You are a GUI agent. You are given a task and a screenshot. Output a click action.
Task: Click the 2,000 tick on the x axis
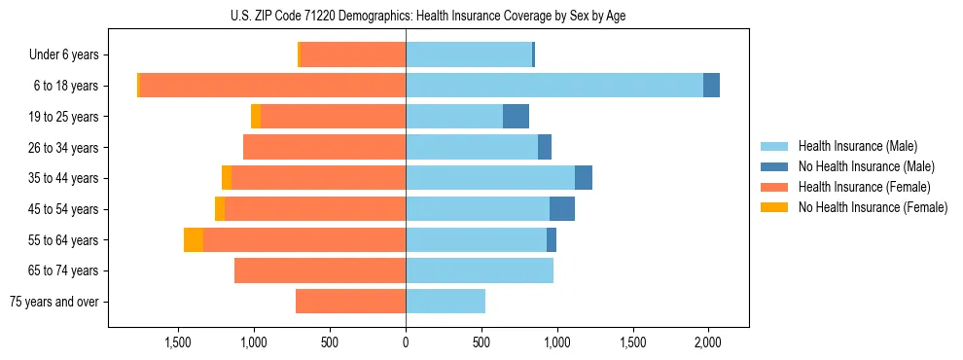click(708, 342)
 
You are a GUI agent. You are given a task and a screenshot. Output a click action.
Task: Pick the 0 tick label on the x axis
click(406, 342)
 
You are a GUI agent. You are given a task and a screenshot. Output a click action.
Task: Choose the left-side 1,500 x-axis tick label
click(178, 342)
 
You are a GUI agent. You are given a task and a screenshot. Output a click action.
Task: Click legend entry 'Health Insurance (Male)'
click(857, 146)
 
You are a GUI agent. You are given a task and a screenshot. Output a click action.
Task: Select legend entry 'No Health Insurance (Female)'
click(873, 207)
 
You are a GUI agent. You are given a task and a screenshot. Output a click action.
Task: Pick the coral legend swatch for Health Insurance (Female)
click(774, 187)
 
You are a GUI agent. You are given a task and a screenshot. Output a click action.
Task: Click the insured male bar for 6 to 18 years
click(554, 86)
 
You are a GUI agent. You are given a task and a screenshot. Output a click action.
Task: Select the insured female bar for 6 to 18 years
click(272, 86)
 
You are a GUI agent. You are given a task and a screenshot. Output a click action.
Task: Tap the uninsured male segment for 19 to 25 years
click(516, 117)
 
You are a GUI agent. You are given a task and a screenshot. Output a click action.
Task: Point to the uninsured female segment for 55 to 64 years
click(194, 240)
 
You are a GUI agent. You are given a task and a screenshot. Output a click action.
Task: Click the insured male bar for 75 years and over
click(446, 302)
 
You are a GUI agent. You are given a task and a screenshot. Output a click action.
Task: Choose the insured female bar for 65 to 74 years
click(320, 270)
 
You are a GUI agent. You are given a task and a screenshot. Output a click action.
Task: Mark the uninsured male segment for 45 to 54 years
click(562, 209)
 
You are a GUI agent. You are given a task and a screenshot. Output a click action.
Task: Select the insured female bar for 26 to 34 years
click(324, 147)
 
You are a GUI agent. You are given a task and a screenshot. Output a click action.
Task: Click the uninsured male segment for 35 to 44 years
click(584, 178)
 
